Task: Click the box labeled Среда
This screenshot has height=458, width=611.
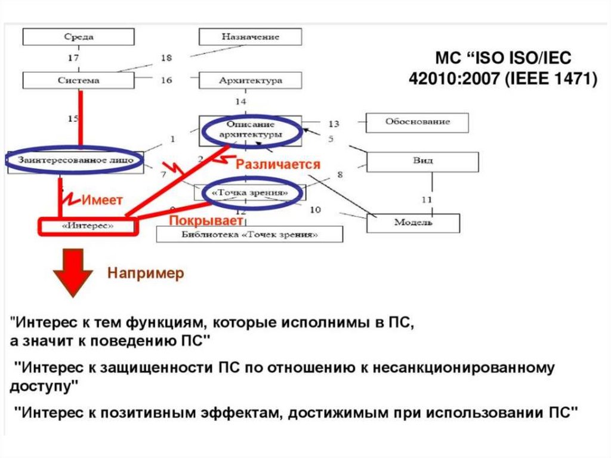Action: [x=78, y=37]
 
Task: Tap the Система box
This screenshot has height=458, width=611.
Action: [x=78, y=80]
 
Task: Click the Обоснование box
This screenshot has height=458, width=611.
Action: [x=417, y=122]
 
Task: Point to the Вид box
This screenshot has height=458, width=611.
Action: [x=422, y=161]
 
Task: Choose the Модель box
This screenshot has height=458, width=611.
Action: [x=413, y=223]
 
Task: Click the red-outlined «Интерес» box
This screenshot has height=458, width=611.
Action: [x=88, y=227]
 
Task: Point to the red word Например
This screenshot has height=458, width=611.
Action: [x=146, y=274]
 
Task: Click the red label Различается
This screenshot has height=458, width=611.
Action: [x=278, y=164]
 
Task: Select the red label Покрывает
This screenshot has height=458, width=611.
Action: [x=206, y=220]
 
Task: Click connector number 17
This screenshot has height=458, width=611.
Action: [x=73, y=59]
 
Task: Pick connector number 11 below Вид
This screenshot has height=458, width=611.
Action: [x=426, y=198]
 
